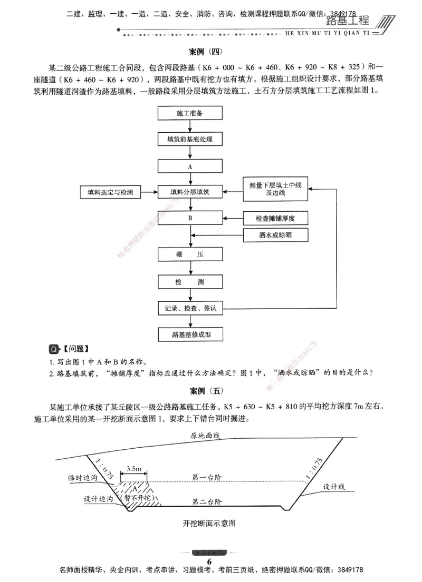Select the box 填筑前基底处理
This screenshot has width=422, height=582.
coord(189,140)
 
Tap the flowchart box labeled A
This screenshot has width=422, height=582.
coord(189,166)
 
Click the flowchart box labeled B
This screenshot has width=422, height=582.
coord(189,218)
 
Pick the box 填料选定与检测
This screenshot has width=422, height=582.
coord(111,192)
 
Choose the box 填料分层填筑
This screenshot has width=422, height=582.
coord(189,192)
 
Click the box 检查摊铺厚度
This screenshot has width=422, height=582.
coord(275,218)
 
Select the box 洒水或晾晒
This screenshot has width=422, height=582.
coord(275,235)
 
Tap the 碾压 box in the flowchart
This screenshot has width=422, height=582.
coord(189,254)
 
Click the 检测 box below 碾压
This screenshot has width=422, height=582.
coord(189,282)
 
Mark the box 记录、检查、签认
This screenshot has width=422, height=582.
coord(189,308)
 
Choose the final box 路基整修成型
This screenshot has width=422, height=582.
coord(189,334)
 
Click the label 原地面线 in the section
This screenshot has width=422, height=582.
coord(207,436)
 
